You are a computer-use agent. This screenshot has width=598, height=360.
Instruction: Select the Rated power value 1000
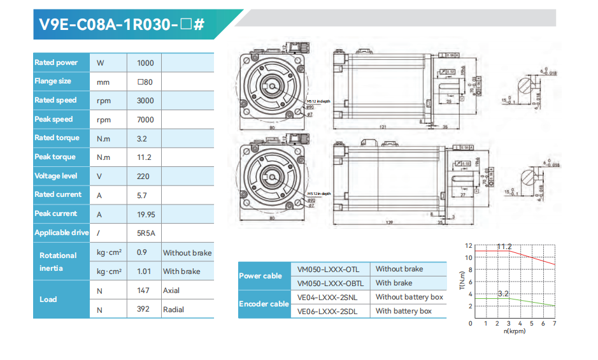(145, 62)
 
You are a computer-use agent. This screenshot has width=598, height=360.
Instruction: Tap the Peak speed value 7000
(145, 120)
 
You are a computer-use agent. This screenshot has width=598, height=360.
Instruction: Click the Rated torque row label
(57, 138)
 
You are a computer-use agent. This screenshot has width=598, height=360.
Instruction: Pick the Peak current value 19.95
(146, 214)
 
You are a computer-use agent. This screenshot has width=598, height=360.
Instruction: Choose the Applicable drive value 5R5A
(146, 233)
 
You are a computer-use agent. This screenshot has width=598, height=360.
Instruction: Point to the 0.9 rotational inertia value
(142, 252)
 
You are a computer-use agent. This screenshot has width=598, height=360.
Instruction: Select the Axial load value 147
(144, 291)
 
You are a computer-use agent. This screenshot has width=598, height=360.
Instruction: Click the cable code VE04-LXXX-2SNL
(328, 297)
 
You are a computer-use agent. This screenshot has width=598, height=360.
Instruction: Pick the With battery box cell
(403, 311)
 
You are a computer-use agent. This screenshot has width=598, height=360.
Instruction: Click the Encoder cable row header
(264, 304)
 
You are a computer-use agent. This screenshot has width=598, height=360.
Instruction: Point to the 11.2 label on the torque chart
(504, 246)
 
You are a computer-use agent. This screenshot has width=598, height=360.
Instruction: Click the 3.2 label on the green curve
(503, 294)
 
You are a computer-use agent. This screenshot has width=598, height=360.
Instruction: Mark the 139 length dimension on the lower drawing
(389, 222)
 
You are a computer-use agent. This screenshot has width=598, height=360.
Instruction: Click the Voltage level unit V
(99, 176)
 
